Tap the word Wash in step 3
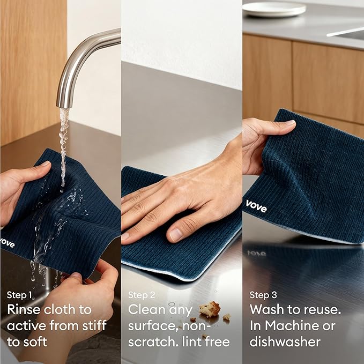tap(268, 310)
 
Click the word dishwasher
tap(285, 341)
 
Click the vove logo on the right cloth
tap(256, 205)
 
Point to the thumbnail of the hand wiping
tap(176, 234)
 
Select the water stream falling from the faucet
tap(64, 139)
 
